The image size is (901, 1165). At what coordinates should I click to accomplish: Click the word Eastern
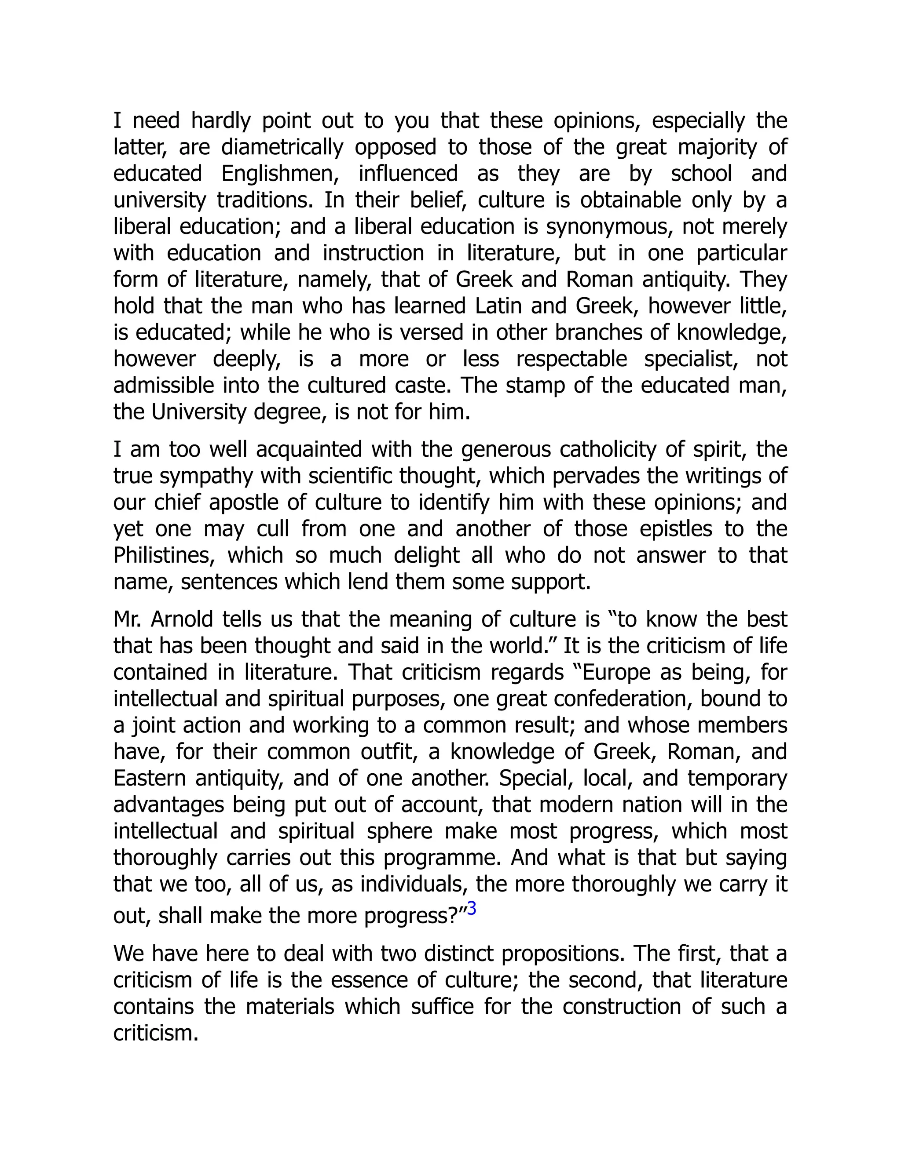pyautogui.click(x=150, y=779)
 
